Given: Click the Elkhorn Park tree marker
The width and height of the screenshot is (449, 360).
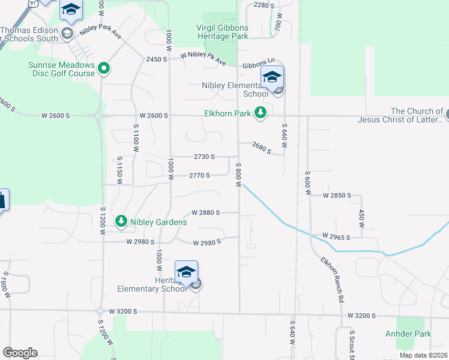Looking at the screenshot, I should tap(260, 112).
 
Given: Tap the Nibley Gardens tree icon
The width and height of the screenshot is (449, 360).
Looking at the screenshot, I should tap(121, 221).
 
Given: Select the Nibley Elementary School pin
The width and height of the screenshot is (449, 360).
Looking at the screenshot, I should tap(272, 79).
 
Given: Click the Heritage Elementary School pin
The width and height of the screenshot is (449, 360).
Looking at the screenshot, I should tap(186, 274).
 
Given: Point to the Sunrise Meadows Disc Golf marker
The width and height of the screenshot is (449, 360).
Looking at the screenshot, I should tap(103, 68).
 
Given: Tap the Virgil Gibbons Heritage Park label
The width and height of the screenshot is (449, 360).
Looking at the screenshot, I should tap(222, 32).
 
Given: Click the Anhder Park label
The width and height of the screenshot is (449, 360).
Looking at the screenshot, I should tap(414, 334).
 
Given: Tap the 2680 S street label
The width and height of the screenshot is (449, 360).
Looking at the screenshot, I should tap(267, 146).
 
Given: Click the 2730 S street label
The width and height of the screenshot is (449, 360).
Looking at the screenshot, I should tap(204, 157).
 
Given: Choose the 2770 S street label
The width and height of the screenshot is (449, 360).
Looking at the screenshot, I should tap(199, 176).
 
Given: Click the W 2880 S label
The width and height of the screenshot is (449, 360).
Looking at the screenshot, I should tap(206, 212).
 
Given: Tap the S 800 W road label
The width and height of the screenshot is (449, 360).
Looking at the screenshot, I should tap(238, 175).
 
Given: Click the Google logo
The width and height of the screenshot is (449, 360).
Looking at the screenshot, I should tap(20, 353).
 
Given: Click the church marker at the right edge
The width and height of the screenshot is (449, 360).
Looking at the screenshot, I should tap(445, 113).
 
